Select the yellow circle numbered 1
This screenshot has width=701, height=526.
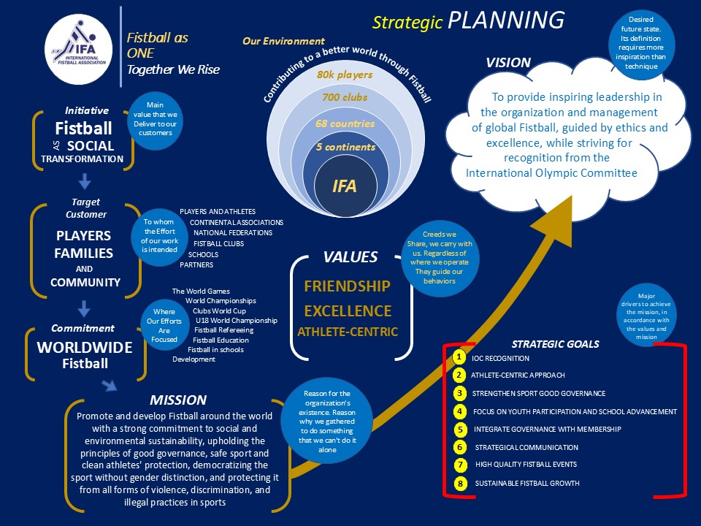click(459, 358)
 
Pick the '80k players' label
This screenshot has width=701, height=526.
click(345, 75)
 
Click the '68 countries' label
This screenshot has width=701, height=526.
click(345, 123)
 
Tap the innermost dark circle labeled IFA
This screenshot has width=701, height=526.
click(345, 186)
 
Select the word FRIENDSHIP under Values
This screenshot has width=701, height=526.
click(347, 286)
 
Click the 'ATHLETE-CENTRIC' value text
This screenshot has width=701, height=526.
click(347, 332)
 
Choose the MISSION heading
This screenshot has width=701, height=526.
click(178, 400)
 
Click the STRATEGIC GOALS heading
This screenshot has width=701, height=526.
click(555, 344)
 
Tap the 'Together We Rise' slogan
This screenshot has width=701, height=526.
click(173, 70)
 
